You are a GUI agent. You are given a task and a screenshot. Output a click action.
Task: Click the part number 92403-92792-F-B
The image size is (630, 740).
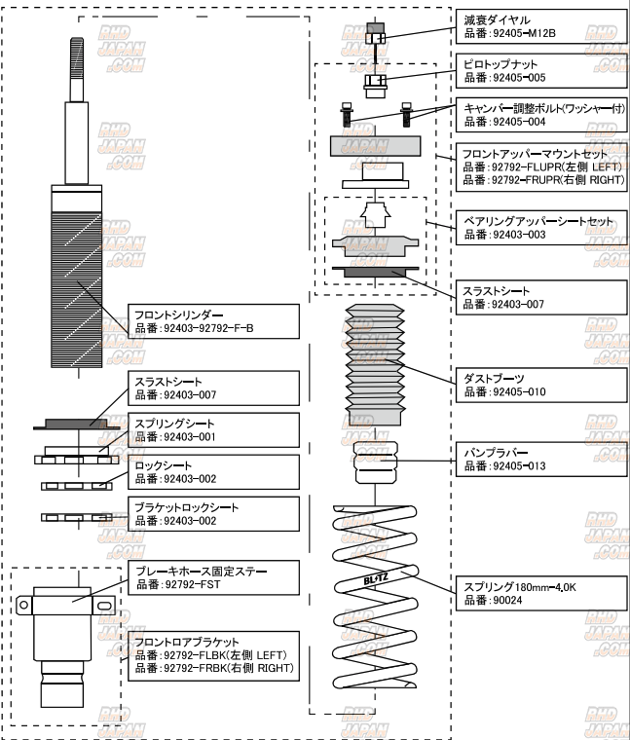click(207, 328)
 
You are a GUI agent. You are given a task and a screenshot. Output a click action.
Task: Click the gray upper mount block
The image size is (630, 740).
click(376, 147)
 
